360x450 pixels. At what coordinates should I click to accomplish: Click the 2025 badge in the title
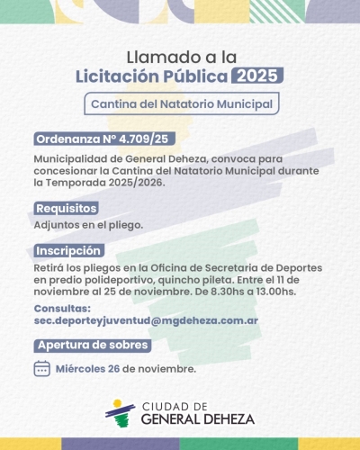tap(256, 75)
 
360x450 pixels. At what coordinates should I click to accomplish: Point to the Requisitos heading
tap(66, 208)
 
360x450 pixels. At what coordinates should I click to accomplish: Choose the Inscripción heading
tap(68, 251)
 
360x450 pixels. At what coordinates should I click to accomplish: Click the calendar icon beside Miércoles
tap(41, 368)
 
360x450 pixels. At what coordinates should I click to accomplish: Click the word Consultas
tap(62, 309)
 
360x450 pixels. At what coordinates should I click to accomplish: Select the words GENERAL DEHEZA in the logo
tap(197, 418)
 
